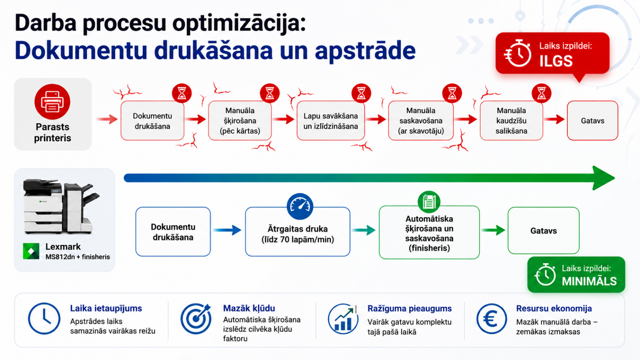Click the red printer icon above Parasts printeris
[x=52, y=102]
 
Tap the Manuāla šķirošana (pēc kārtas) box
[x=240, y=120]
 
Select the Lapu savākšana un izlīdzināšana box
[x=330, y=120]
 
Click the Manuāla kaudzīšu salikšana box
[x=511, y=120]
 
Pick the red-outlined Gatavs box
[x=592, y=120]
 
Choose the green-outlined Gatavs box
[x=544, y=230]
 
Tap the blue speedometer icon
[x=300, y=206]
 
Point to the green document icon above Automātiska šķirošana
[x=429, y=202]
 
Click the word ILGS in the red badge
[x=556, y=61]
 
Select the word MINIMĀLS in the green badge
[x=589, y=282]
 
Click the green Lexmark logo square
[x=31, y=251]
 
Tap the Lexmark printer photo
[x=62, y=206]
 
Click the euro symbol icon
[x=492, y=318]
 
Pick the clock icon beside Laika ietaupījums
[x=44, y=318]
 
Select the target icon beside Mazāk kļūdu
[x=196, y=318]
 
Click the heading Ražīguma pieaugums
[x=410, y=308]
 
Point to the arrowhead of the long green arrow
[x=602, y=178]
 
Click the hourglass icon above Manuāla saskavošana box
[x=452, y=93]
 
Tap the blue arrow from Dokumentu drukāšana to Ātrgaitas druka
[x=227, y=230]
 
